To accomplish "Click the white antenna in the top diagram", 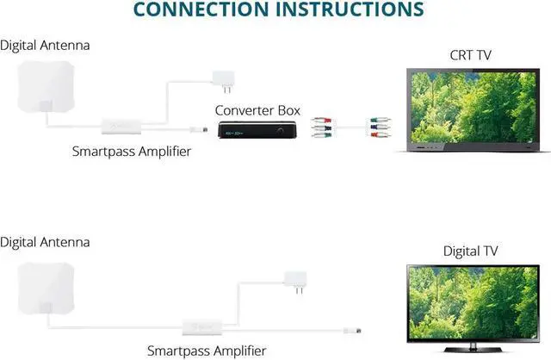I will click(44, 84).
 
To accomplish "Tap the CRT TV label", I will click(469, 55).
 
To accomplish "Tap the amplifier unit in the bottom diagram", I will click(199, 327).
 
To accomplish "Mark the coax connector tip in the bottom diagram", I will click(356, 330).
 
